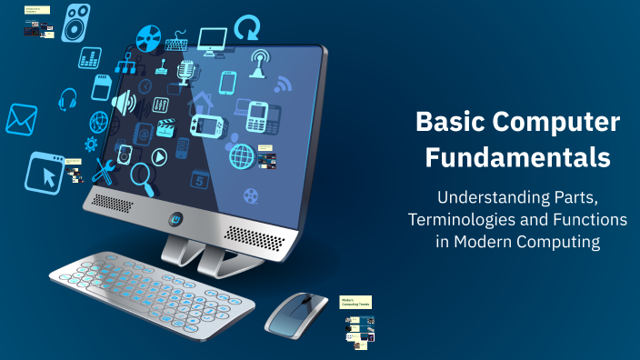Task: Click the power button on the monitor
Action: [x=176, y=218]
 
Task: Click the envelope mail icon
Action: [x=21, y=119]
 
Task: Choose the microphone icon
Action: [x=188, y=73]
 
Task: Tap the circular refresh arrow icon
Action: [x=246, y=28]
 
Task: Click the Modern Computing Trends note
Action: [x=357, y=302]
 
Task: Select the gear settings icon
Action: [x=91, y=144]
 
